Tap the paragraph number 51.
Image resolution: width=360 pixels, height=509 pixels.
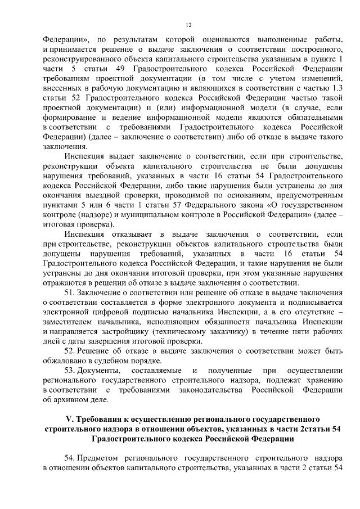tap(70, 293)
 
